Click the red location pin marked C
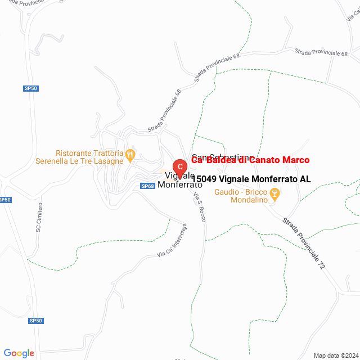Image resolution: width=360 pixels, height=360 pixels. click(179, 167)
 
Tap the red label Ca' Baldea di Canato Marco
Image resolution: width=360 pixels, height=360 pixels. click(250, 160)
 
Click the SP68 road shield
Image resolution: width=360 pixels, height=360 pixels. click(147, 186)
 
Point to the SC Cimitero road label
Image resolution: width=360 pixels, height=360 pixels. click(39, 217)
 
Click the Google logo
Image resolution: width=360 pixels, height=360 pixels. click(19, 353)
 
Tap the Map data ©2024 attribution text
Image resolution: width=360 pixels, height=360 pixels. click(336, 355)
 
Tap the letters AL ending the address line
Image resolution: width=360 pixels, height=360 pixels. click(305, 179)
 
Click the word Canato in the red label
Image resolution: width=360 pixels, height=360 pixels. click(264, 160)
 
